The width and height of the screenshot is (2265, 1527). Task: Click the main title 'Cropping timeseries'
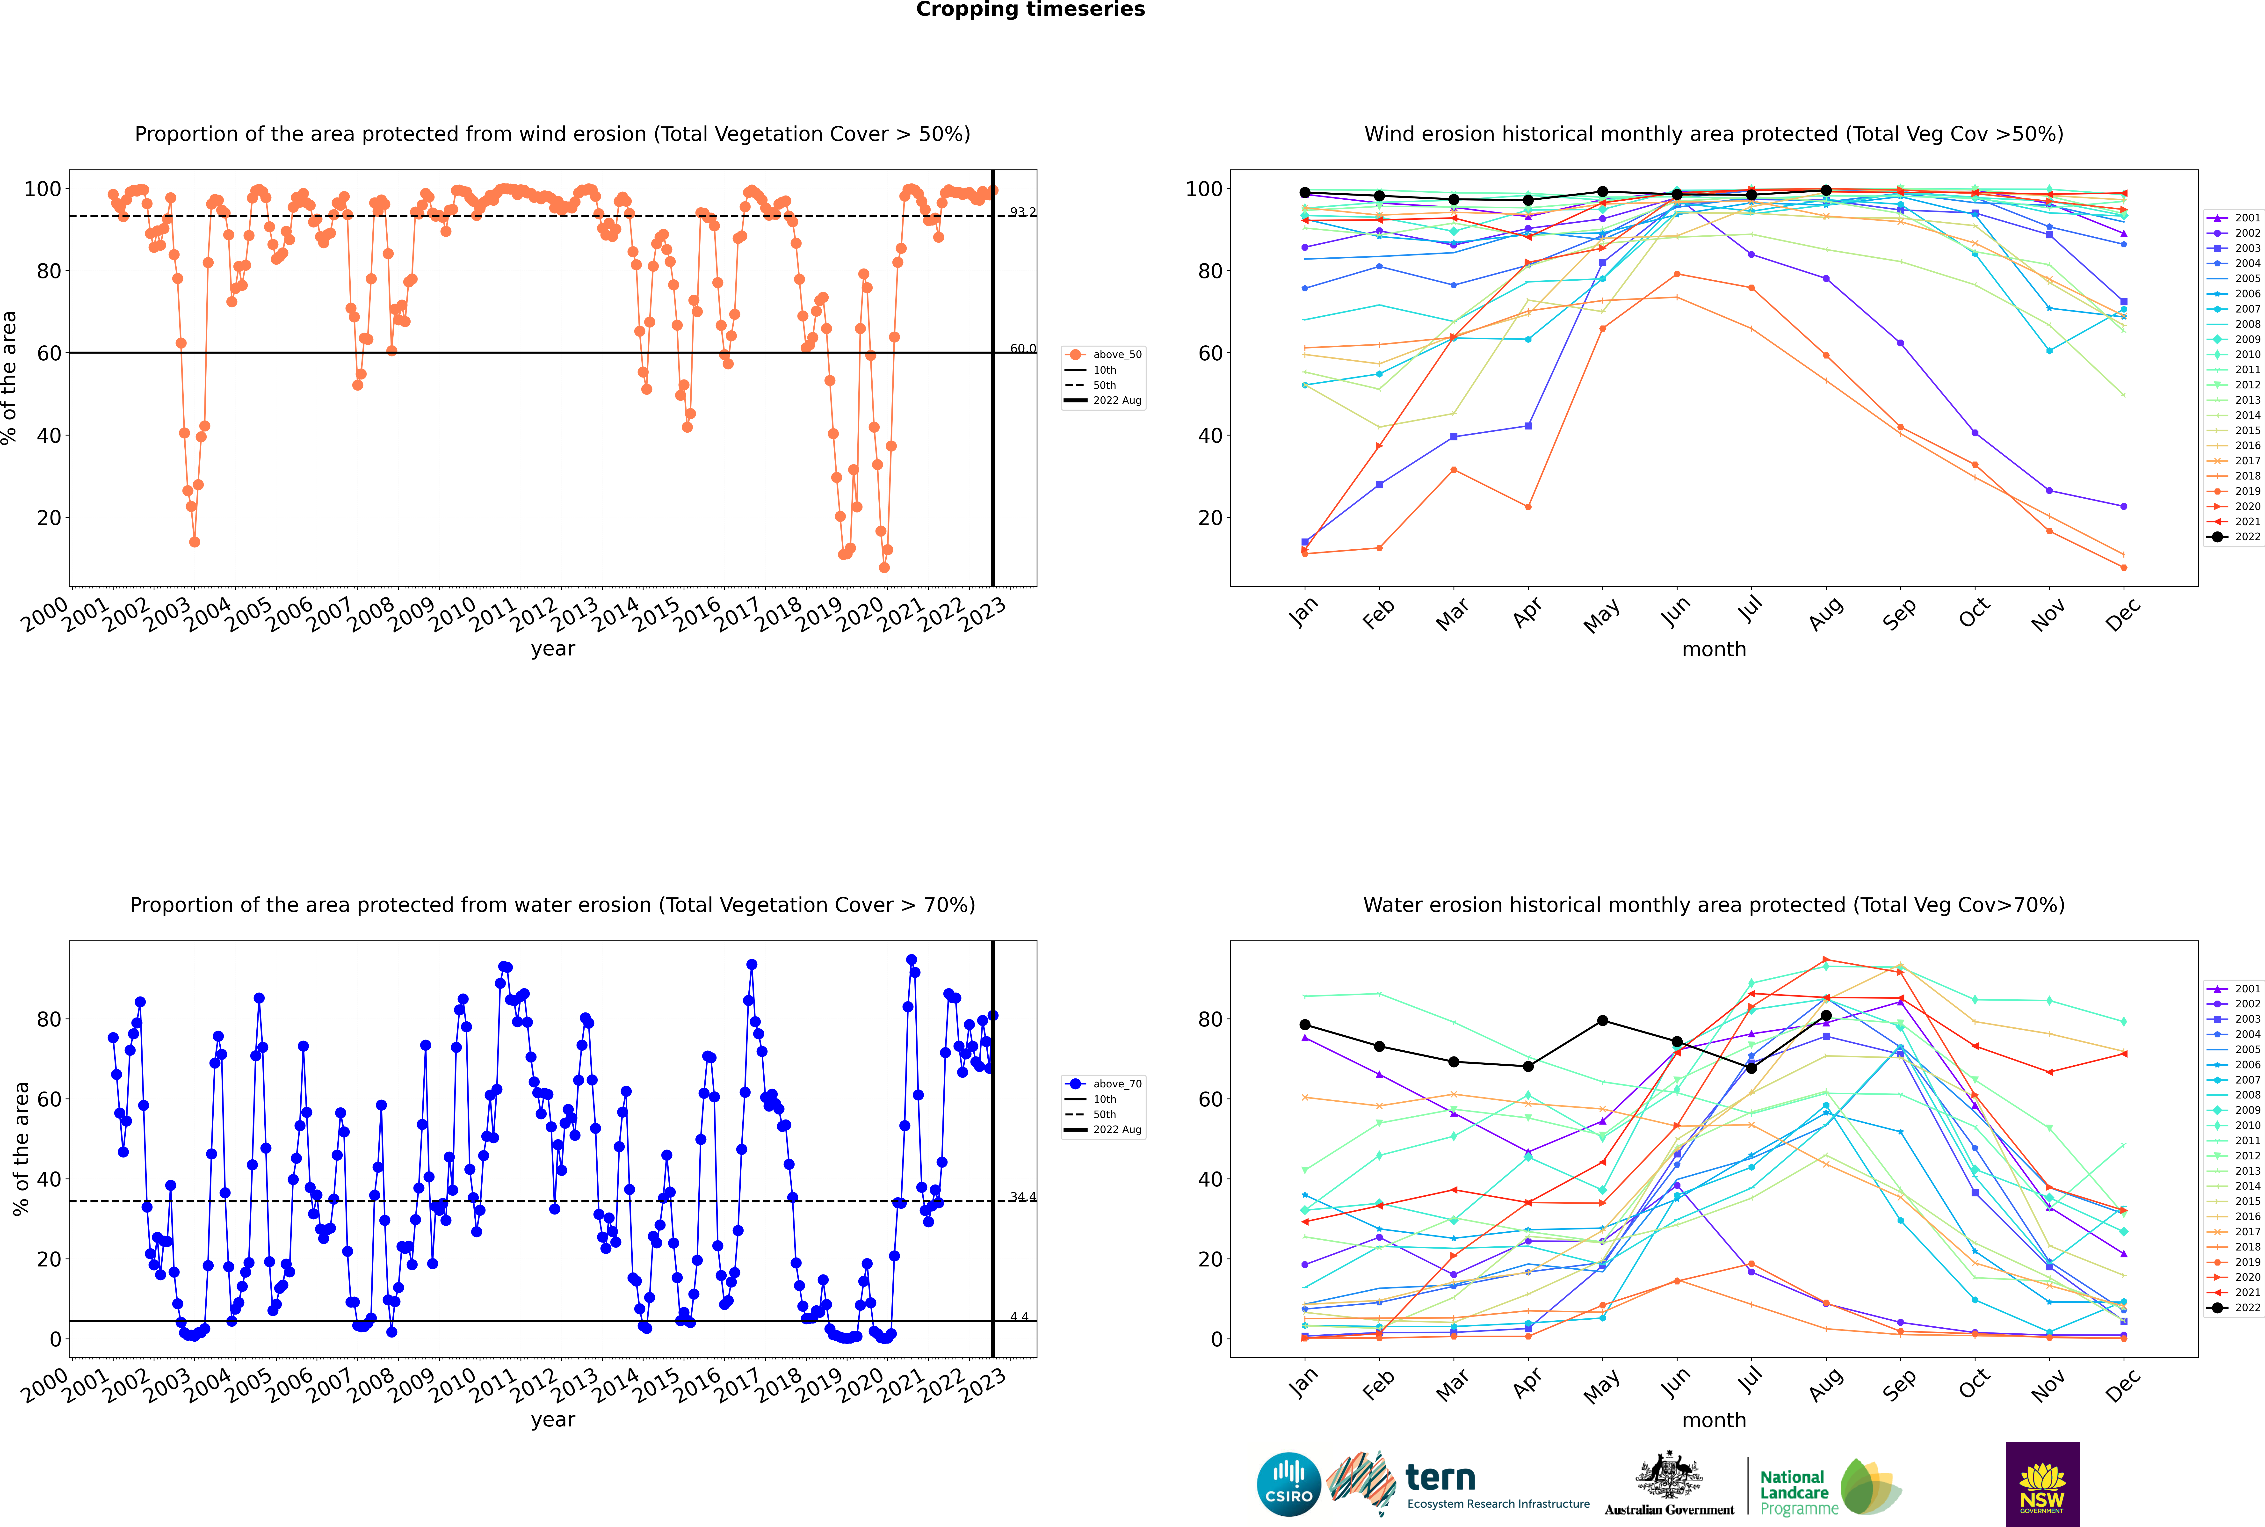pos(1030,10)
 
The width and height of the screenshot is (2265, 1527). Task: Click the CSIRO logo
pos(1288,1484)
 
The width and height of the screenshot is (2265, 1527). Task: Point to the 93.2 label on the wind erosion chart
pos(1022,212)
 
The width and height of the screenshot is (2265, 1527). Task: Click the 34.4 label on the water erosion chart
pos(1022,1197)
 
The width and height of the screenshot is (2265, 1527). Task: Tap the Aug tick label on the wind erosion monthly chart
pos(1825,613)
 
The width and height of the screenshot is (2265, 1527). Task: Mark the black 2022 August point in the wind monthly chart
pos(1826,191)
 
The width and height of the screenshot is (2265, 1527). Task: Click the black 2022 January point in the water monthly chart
pos(1305,1025)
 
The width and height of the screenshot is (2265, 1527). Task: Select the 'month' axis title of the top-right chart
pos(1714,650)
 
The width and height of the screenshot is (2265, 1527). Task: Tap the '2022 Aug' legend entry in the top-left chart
pos(1116,400)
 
